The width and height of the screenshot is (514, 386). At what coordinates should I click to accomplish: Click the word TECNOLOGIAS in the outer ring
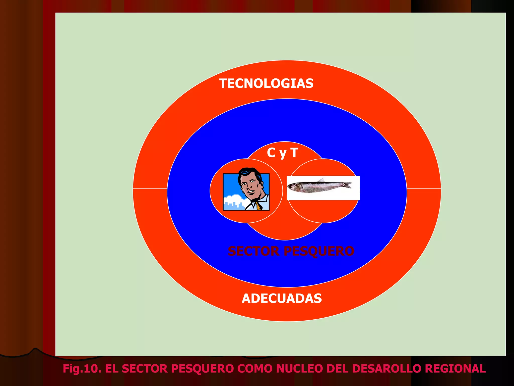266,83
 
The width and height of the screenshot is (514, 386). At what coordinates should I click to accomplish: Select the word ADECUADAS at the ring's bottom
282,299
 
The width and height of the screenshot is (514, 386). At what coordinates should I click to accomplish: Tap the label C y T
282,153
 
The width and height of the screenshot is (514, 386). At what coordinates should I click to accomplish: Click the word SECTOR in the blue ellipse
253,251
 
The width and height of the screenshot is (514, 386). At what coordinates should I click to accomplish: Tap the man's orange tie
259,207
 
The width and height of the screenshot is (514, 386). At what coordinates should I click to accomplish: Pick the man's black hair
248,172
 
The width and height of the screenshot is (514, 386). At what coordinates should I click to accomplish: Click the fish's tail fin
348,185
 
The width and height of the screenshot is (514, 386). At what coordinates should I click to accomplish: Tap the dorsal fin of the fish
321,180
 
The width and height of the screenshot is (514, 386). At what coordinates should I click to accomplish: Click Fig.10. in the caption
82,369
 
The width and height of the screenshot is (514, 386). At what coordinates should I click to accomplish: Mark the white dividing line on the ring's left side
150,188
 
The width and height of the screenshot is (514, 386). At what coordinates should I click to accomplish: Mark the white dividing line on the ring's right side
424,188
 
